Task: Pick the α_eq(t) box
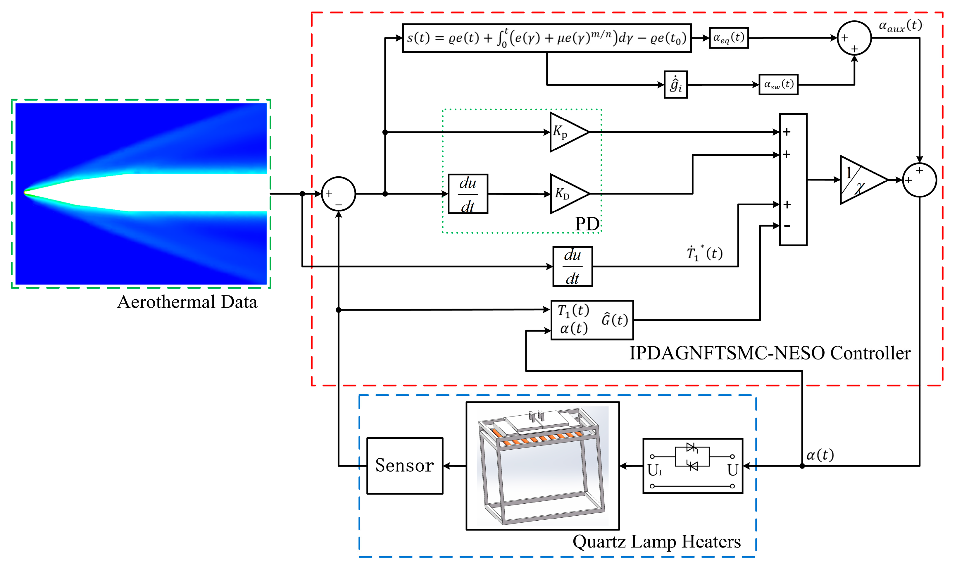pyautogui.click(x=729, y=38)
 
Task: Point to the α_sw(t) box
pyautogui.click(x=778, y=84)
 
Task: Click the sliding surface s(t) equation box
pyautogui.click(x=546, y=38)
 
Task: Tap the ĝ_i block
pyautogui.click(x=675, y=85)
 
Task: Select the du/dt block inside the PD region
pyautogui.click(x=468, y=194)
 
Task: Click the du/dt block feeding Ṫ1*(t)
pyautogui.click(x=573, y=266)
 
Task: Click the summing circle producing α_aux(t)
pyautogui.click(x=854, y=38)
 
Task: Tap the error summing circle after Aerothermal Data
pyautogui.click(x=338, y=194)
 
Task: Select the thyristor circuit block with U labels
pyautogui.click(x=693, y=466)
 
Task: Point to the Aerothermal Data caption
pyautogui.click(x=187, y=302)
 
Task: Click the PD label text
pyautogui.click(x=587, y=224)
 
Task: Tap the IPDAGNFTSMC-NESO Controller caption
pyautogui.click(x=770, y=353)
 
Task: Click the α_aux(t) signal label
pyautogui.click(x=900, y=26)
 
